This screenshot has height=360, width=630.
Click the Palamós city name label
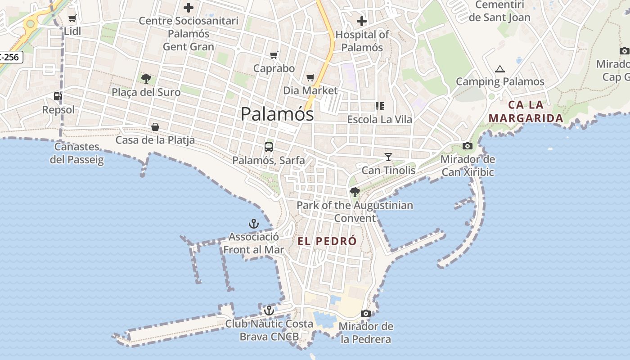[277, 114]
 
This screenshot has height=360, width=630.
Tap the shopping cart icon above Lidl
[72, 18]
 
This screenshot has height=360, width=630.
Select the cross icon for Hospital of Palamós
[362, 21]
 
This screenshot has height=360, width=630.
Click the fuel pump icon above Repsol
[58, 96]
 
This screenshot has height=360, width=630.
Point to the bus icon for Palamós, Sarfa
[269, 147]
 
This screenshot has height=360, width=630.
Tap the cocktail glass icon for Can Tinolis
[388, 157]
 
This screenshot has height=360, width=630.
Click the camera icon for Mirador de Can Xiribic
[468, 146]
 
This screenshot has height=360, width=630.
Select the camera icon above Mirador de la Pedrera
[366, 313]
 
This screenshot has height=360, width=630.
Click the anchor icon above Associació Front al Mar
[254, 223]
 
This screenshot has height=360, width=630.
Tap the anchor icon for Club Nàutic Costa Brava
[269, 310]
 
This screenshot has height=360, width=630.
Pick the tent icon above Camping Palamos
[499, 69]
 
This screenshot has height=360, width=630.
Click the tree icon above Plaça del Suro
[146, 79]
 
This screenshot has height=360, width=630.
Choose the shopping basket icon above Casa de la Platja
[155, 127]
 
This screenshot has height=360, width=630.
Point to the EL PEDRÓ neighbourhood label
[327, 241]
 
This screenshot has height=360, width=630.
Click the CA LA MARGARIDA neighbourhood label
[526, 112]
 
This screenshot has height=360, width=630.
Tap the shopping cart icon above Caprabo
[274, 55]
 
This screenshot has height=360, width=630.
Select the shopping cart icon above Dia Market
[310, 78]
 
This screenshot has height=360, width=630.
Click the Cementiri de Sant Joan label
[499, 11]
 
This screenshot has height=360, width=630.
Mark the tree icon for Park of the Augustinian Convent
[355, 193]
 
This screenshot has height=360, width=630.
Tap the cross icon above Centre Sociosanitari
[189, 8]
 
